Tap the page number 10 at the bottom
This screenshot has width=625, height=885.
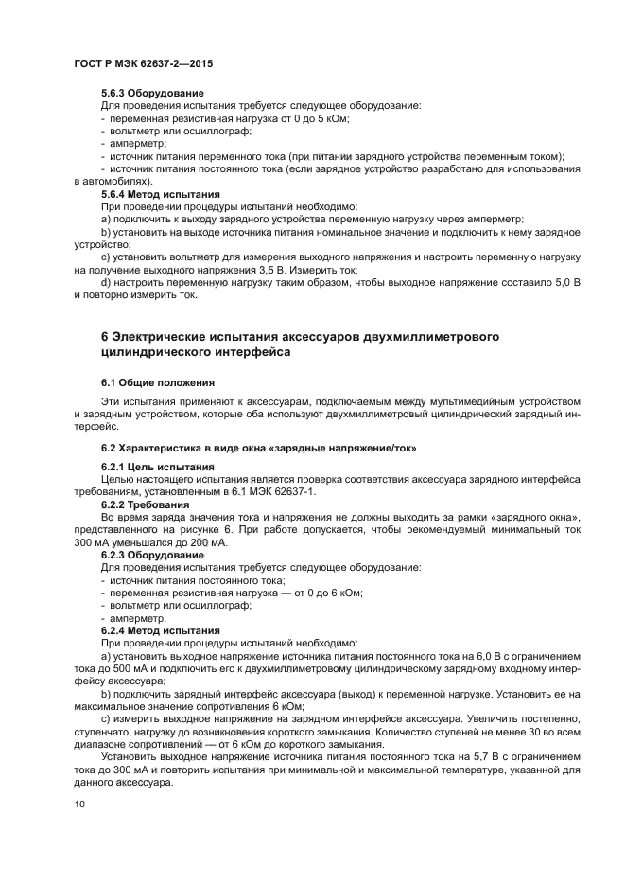80,805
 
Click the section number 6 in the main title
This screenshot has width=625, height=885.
105,338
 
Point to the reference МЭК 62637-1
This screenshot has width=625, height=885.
286,492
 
